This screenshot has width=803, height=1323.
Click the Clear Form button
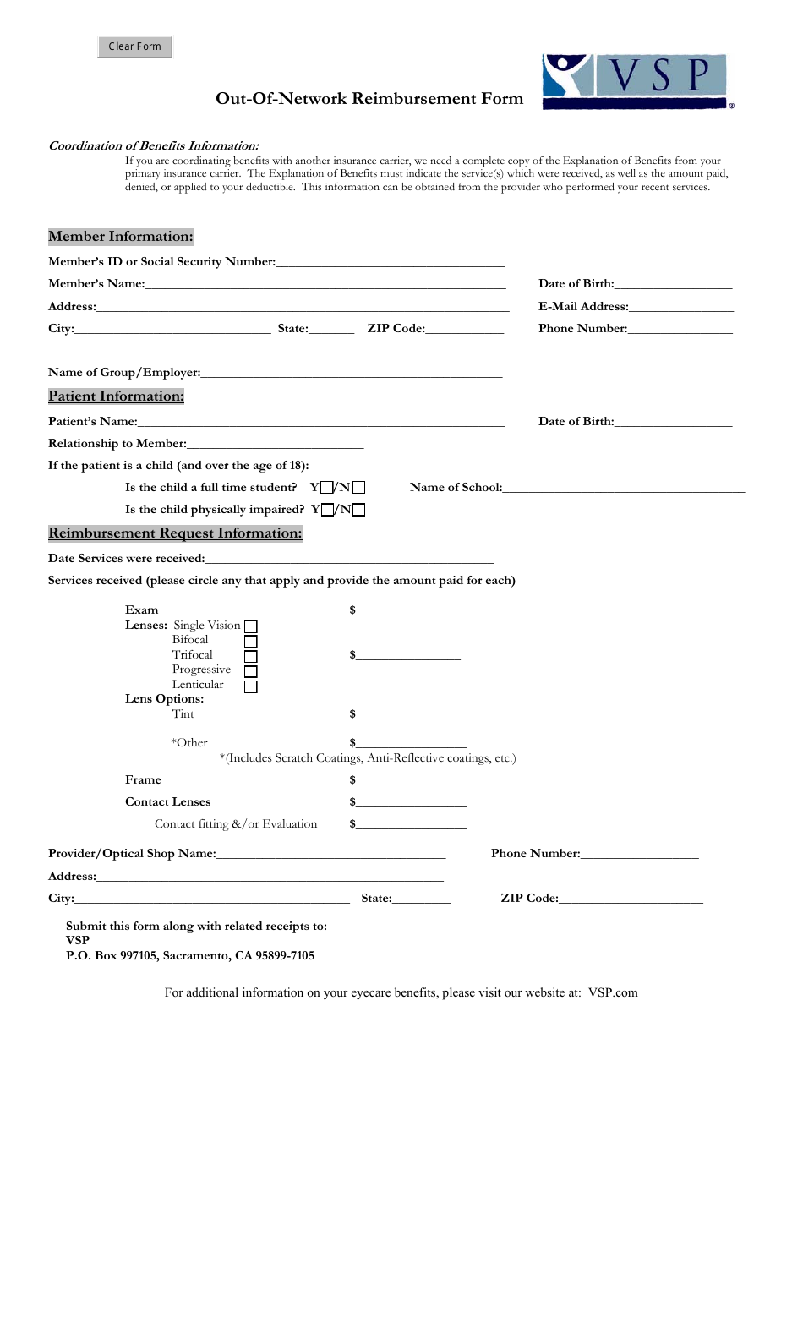134,46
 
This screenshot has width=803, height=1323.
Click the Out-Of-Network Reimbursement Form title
369,99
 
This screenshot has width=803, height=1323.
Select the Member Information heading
121,237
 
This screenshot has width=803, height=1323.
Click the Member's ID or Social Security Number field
390,261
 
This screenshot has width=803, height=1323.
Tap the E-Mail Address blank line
680,306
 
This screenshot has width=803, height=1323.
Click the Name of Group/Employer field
351,372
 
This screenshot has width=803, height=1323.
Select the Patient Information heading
116,396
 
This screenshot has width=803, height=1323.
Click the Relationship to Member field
275,443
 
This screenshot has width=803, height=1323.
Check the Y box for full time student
327,488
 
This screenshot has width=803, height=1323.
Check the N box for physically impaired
359,510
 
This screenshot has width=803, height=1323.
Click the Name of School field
623,487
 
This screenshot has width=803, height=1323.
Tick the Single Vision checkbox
251,626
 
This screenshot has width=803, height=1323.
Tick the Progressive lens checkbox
251,671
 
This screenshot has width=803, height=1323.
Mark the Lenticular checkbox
251,686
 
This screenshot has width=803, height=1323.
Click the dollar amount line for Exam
408,610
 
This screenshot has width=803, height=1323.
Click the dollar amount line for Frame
411,780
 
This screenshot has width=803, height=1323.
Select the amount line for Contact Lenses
411,802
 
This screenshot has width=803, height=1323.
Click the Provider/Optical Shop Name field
330,854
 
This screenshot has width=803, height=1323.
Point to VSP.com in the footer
613,993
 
